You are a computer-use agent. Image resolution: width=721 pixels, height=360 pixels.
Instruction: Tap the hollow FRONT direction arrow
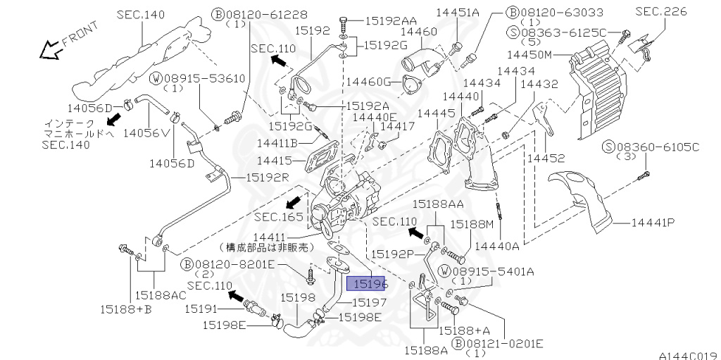51,49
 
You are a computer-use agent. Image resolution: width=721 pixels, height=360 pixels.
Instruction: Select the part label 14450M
529,55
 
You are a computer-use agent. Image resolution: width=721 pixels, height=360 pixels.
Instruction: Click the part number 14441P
653,223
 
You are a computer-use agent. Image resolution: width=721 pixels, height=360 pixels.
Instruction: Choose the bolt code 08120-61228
266,15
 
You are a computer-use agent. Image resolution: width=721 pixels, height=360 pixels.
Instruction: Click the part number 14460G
368,82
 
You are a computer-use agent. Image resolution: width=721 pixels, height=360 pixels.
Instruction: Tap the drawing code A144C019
689,355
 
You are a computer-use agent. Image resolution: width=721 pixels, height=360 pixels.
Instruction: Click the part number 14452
546,158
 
